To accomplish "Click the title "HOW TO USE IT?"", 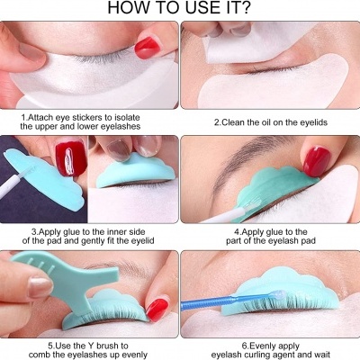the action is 179,8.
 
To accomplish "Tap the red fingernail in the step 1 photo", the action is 148,48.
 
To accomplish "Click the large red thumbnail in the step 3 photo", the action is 71,158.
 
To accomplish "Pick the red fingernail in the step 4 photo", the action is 316,161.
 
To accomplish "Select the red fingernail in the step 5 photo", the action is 157,310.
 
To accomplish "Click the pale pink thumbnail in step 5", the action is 40,288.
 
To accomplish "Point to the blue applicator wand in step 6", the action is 231,300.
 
